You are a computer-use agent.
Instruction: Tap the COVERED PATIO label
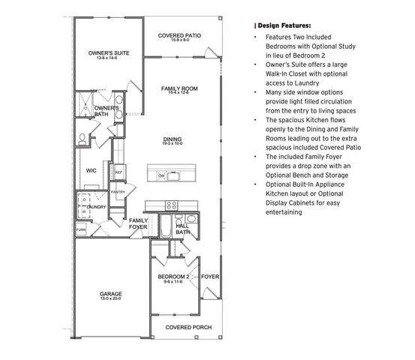point(179,35)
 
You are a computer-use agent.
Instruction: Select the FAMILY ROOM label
point(179,88)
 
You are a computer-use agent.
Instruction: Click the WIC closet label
point(92,170)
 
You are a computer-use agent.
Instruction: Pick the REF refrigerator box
point(119,172)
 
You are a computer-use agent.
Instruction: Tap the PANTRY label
point(118,192)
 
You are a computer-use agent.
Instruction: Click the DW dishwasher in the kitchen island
point(161,175)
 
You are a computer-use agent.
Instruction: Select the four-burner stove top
point(172,204)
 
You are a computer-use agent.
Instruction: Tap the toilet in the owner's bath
point(84,138)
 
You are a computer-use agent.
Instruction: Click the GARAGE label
point(111,293)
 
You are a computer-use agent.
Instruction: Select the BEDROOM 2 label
point(173,277)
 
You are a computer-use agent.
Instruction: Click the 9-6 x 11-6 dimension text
point(173,283)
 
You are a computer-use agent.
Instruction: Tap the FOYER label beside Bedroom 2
point(211,277)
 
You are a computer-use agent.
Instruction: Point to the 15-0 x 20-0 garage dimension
point(111,300)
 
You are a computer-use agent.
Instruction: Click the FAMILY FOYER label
point(138,223)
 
